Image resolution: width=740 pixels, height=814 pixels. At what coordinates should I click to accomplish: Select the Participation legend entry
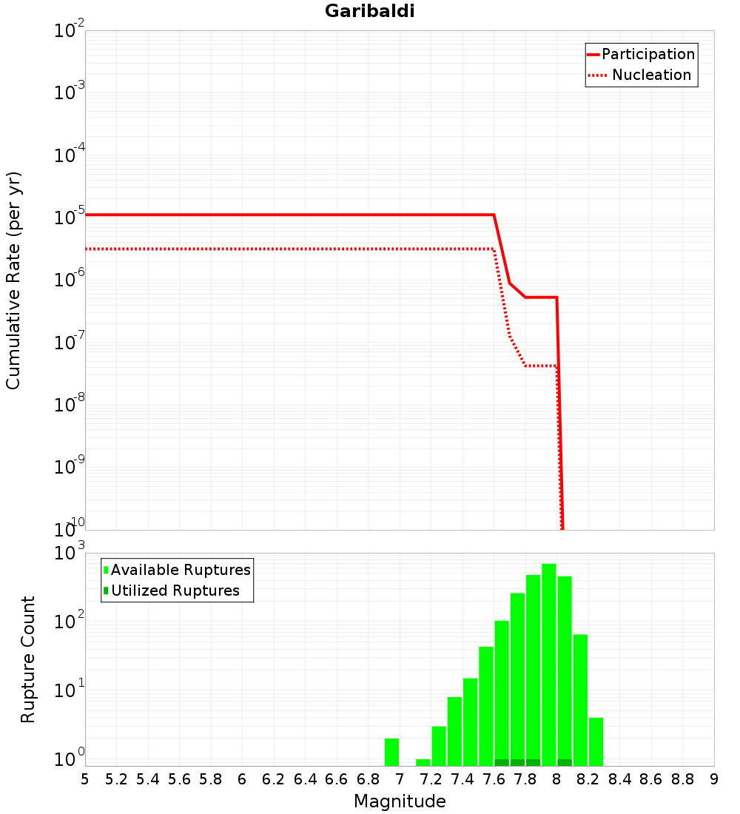click(647, 54)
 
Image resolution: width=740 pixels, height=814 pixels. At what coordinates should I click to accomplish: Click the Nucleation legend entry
click(650, 75)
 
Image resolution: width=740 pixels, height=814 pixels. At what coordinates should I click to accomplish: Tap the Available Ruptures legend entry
click(181, 570)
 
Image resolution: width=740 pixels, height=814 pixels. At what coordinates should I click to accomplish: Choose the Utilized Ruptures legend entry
click(175, 591)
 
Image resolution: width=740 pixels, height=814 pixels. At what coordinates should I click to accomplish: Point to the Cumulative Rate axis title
click(13, 280)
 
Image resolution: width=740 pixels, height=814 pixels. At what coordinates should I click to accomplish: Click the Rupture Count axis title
click(28, 659)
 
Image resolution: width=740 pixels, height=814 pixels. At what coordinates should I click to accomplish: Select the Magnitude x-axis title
click(400, 801)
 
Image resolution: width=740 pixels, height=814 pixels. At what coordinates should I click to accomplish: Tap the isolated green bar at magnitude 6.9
click(391, 752)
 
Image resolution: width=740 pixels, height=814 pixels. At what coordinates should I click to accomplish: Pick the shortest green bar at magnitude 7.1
click(423, 762)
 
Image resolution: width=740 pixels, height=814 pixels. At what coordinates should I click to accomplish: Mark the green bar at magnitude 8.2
click(596, 741)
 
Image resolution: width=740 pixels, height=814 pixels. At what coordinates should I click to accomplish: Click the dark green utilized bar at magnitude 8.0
click(565, 762)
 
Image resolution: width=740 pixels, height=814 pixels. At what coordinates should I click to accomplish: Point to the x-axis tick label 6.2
click(274, 779)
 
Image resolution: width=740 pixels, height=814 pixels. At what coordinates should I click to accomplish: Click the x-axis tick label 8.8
click(683, 779)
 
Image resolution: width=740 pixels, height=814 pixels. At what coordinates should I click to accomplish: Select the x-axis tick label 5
click(85, 779)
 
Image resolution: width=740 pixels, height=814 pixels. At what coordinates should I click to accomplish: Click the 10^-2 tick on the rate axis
click(70, 32)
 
